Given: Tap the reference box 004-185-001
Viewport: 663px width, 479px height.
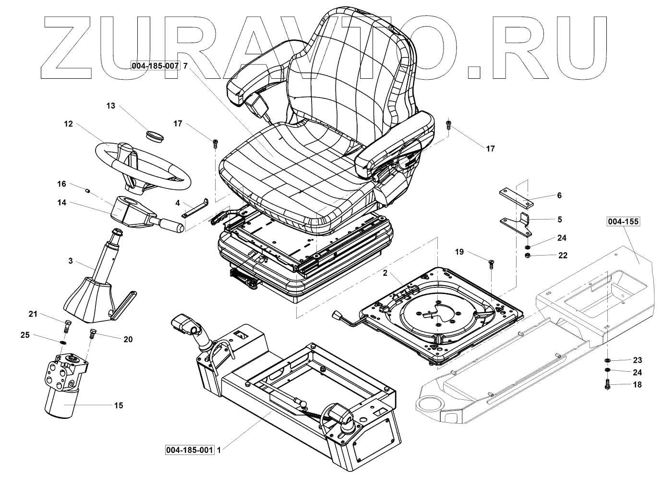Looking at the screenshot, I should tap(189, 450).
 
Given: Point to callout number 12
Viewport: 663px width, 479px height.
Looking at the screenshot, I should tap(68, 124).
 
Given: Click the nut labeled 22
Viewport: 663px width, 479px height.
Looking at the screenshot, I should tap(528, 255).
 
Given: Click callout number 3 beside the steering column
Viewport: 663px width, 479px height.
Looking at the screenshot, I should tap(71, 261).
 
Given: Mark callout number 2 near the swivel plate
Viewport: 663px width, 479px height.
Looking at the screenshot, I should tap(385, 272).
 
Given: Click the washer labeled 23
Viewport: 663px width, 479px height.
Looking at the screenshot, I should tap(608, 360).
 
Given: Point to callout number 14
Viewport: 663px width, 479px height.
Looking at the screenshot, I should tap(61, 203).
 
